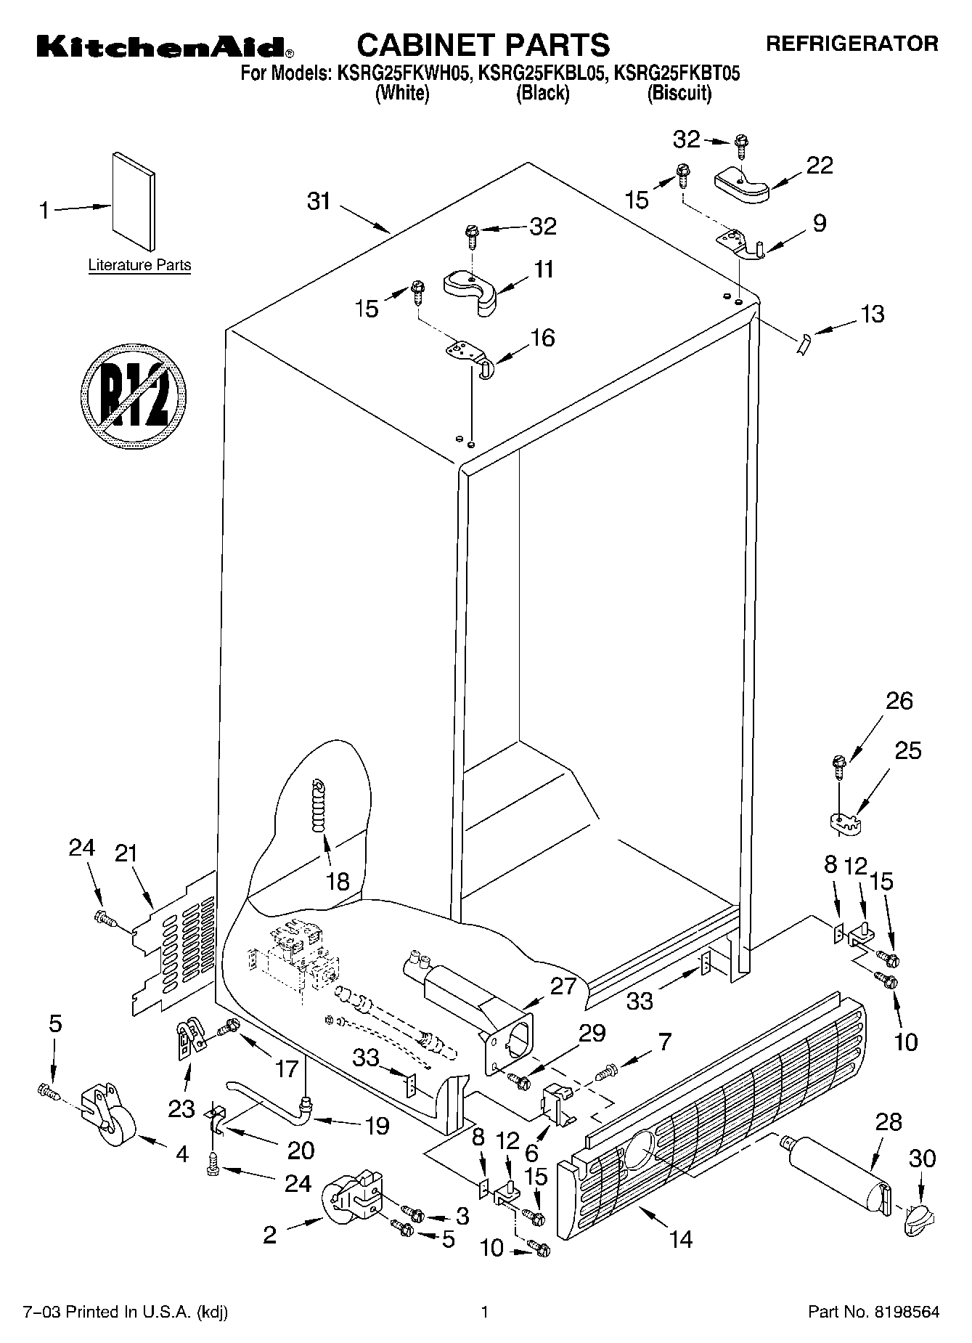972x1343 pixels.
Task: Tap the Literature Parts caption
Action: (139, 265)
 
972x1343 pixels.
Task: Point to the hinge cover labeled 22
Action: (741, 183)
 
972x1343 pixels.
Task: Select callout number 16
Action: (542, 338)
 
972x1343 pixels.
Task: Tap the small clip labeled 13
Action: (802, 341)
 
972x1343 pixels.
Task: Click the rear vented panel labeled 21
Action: (174, 944)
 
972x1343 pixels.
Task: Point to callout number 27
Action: (563, 986)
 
